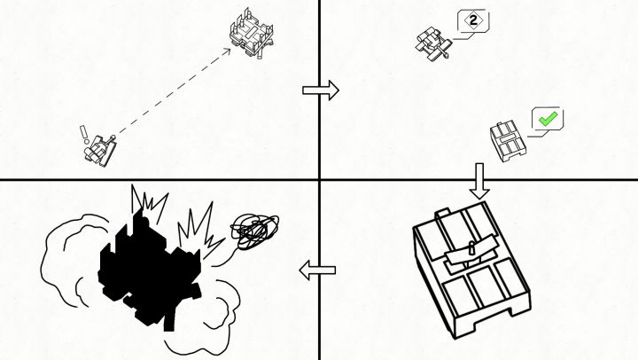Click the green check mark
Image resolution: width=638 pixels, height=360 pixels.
[548, 119]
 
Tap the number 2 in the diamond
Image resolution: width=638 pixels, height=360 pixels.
[473, 20]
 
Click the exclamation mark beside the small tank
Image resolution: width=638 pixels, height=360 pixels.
[84, 135]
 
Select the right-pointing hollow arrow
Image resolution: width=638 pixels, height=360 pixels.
[321, 90]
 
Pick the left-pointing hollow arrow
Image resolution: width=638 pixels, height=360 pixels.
[317, 270]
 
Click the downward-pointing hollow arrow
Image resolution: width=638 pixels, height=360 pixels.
[479, 181]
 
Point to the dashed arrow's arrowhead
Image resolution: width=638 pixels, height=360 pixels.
[226, 51]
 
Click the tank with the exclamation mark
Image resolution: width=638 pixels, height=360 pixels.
[100, 150]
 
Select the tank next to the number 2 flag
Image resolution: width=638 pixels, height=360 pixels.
[433, 44]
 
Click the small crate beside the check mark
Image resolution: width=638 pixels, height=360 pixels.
[508, 141]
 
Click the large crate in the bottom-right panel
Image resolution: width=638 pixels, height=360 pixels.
[472, 270]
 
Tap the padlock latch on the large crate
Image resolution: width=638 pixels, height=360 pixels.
[471, 248]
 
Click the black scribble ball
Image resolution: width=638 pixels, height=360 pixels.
[254, 231]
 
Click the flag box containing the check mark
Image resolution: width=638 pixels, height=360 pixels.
[548, 119]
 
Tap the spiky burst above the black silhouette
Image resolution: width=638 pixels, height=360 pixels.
[149, 204]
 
